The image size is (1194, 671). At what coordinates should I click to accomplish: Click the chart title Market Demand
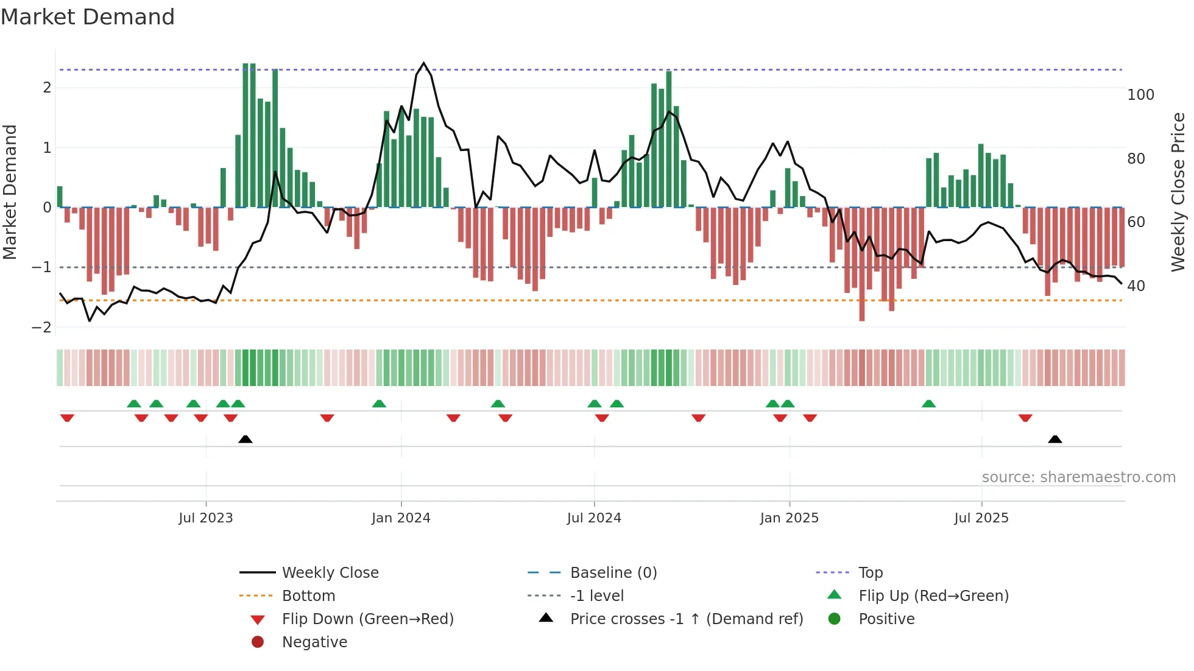pyautogui.click(x=88, y=17)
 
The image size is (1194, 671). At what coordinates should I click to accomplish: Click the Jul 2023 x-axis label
pyautogui.click(x=205, y=518)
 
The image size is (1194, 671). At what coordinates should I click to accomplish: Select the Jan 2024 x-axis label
pyautogui.click(x=401, y=518)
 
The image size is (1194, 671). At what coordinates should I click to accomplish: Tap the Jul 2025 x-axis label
pyautogui.click(x=981, y=518)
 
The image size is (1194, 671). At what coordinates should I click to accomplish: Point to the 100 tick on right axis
pyautogui.click(x=1140, y=95)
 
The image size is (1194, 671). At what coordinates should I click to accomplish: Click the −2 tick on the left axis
pyautogui.click(x=41, y=328)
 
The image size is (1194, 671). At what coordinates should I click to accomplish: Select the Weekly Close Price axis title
pyautogui.click(x=1178, y=192)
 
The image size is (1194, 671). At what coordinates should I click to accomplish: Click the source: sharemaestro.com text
pyautogui.click(x=1078, y=477)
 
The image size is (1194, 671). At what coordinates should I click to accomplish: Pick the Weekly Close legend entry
pyautogui.click(x=330, y=573)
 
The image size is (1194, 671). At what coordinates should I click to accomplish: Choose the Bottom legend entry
pyautogui.click(x=308, y=596)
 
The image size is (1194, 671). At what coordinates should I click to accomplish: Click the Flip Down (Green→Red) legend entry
pyautogui.click(x=367, y=619)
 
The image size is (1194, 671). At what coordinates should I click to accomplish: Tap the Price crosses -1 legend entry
pyautogui.click(x=686, y=619)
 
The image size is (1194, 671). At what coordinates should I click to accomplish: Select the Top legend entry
pyautogui.click(x=870, y=573)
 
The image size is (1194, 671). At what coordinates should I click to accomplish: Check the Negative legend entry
pyautogui.click(x=314, y=642)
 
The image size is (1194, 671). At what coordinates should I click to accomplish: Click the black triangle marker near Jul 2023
pyautogui.click(x=246, y=439)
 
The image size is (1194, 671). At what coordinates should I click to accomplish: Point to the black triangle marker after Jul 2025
pyautogui.click(x=1055, y=439)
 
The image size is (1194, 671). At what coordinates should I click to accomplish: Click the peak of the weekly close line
pyautogui.click(x=424, y=63)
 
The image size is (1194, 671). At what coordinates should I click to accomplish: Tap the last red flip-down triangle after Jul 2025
pyautogui.click(x=1025, y=418)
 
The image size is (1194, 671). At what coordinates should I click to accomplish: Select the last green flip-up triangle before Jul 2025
pyautogui.click(x=928, y=404)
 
